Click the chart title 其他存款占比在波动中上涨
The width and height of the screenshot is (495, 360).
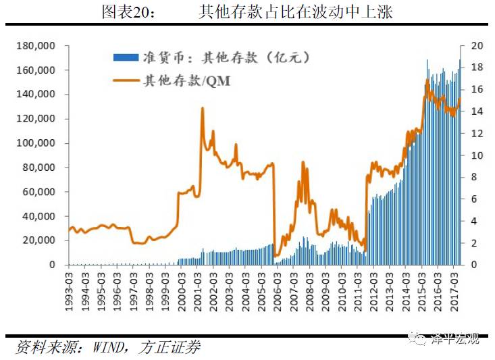click(x=296, y=12)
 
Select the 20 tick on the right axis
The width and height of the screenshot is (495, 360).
click(x=476, y=46)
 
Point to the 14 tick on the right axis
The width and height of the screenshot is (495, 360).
click(x=476, y=111)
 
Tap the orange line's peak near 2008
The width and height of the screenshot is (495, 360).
click(x=303, y=162)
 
